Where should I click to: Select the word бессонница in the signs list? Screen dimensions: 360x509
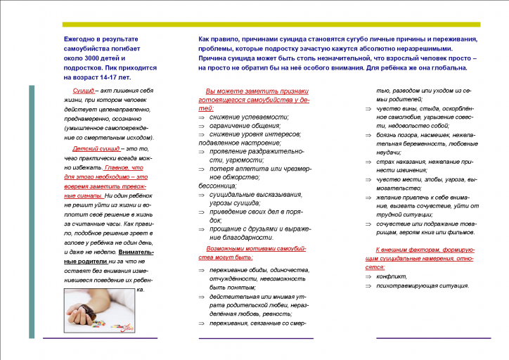point(217,186)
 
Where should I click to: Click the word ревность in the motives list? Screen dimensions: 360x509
point(289,314)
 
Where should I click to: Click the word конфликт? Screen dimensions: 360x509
point(392,276)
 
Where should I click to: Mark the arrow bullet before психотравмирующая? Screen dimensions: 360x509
point(368,285)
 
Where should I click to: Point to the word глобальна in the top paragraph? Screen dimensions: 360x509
point(444,68)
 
